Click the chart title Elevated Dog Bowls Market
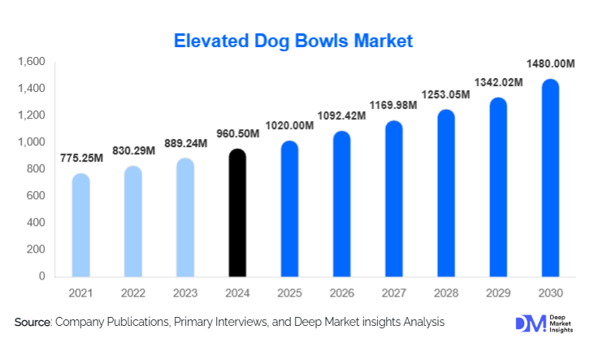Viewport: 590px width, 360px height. pos(295,40)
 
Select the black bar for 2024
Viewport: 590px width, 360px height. pos(236,213)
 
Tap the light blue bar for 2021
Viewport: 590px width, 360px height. pos(81,225)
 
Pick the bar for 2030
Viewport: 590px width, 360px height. pos(550,178)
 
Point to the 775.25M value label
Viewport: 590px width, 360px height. pos(81,158)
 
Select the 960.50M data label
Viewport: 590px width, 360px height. pos(236,133)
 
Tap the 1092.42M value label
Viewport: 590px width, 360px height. pos(341,115)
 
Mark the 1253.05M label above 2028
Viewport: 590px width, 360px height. pos(446,94)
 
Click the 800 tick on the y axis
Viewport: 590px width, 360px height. pos(36,169)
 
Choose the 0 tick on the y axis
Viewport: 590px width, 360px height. pos(41,276)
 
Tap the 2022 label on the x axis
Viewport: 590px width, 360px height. pos(132,291)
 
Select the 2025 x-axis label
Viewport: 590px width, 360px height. pos(289,291)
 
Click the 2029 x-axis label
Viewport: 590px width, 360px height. pos(498,291)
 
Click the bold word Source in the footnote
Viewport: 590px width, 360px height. pos(33,323)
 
